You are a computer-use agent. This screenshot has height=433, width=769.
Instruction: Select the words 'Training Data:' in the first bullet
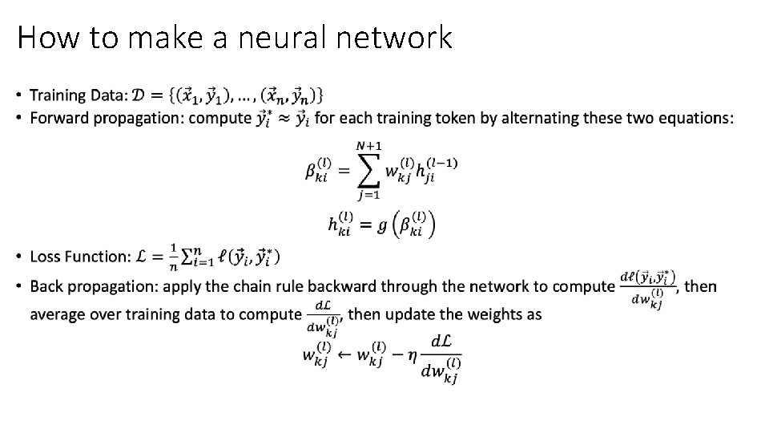pyautogui.click(x=79, y=95)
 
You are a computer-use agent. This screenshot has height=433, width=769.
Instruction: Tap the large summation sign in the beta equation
pyautogui.click(x=368, y=171)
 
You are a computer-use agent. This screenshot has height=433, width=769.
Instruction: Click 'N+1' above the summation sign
pyautogui.click(x=368, y=144)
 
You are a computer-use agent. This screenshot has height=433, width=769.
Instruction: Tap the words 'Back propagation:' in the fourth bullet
pyautogui.click(x=90, y=286)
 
